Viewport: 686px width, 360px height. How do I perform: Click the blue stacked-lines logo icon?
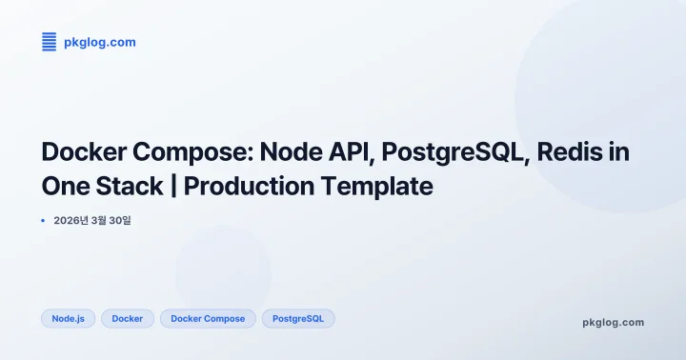(50, 41)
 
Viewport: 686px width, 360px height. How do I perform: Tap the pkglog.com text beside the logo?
(99, 42)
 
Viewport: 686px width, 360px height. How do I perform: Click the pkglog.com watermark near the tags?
(613, 322)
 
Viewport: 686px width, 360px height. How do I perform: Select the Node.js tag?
(69, 318)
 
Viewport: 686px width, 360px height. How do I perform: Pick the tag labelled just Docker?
(127, 318)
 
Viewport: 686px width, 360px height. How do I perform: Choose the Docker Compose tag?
(208, 318)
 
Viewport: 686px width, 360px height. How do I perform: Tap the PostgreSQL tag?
(298, 318)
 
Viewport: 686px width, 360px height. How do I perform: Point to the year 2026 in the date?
(69, 221)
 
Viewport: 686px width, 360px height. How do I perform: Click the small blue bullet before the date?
(44, 220)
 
